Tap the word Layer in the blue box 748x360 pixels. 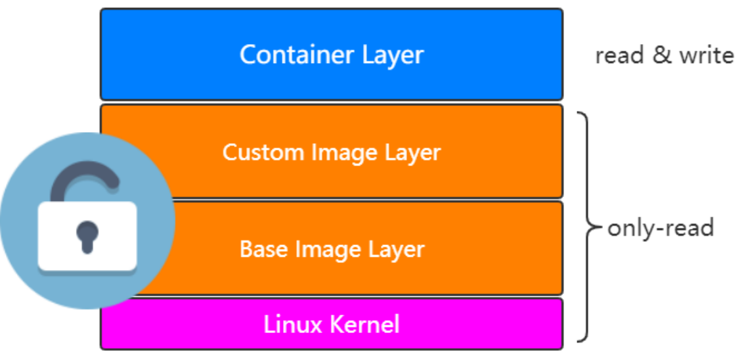coord(393,56)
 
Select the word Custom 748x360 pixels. coord(264,153)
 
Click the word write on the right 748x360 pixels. coord(706,55)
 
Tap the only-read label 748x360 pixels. coord(660,228)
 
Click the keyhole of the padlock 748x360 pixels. coord(87,236)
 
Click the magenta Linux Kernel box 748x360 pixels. coord(332,324)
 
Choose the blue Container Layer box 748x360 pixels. coord(332,55)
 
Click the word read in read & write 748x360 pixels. coord(619,55)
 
